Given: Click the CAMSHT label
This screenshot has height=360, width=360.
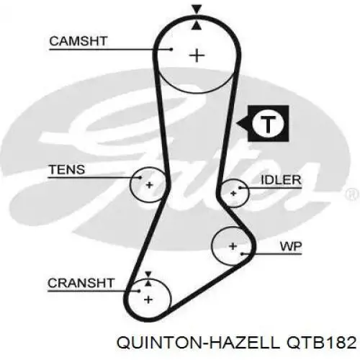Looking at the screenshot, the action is pos(78,41).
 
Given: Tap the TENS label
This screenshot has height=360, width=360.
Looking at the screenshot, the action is pos(67,169).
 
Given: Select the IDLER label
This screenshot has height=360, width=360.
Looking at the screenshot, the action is pos(281,180).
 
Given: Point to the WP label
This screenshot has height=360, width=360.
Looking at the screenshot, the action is pos(291,246).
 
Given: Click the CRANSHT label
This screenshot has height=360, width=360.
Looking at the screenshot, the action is pos(81,283).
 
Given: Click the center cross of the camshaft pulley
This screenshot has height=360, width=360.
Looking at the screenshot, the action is pos(197,55).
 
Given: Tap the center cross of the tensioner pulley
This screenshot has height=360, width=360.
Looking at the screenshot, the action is pos(149,185).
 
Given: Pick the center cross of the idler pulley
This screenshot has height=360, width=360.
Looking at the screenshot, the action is pos(233,193).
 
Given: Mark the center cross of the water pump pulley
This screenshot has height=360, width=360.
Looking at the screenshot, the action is pos(233,246).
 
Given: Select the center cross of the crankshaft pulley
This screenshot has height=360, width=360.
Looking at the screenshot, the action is pos(148,300).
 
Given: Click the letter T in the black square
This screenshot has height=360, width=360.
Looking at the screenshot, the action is pos(268,124).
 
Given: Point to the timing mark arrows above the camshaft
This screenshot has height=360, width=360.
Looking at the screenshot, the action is pos(197,17).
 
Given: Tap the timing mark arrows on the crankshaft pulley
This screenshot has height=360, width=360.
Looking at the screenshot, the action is pos(148,279).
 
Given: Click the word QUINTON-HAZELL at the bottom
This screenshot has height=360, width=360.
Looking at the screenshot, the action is pos(198,342).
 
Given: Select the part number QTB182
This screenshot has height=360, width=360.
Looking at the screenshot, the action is pos(322,342).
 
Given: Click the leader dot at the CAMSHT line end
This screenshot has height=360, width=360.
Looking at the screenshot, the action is pos(171,50).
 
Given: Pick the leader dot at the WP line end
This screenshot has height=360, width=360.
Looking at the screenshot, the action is pos(243,253).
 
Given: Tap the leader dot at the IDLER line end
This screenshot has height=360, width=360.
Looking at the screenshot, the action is pos(239,188).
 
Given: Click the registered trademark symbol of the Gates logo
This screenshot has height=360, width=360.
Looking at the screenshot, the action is pos(353,194).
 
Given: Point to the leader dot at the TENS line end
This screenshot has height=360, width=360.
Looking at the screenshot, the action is pos(140,178).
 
